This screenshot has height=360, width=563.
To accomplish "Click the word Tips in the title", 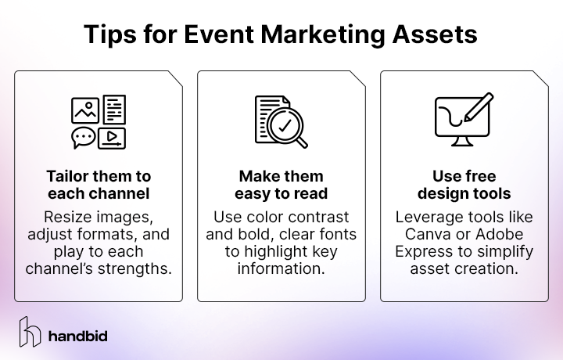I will [109, 34].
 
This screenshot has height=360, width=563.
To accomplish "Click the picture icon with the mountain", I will [84, 110].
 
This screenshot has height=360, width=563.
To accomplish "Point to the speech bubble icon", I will [84, 138].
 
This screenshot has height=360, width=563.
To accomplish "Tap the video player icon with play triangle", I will [113, 138].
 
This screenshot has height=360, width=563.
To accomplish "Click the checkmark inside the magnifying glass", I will [284, 124].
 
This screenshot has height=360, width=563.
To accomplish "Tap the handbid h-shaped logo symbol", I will [30, 332].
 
